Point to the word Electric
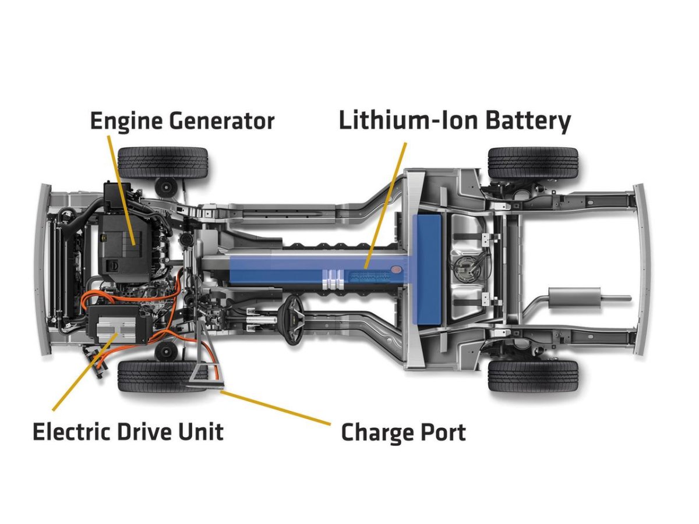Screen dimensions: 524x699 point(70,432)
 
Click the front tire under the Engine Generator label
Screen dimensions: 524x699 point(163,162)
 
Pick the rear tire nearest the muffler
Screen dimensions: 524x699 point(532,376)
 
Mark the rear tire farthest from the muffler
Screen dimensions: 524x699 point(532,162)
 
